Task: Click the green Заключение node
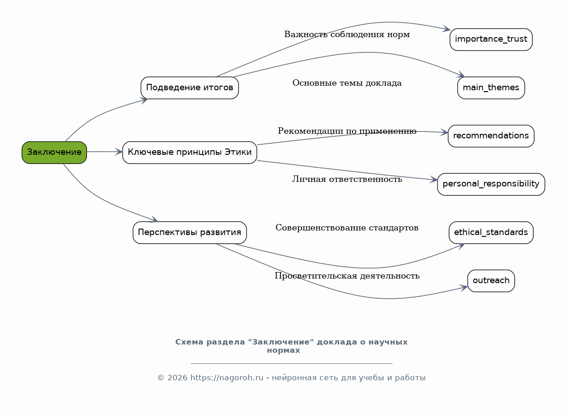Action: (54, 152)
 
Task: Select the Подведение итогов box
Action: (189, 88)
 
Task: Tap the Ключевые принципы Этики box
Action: (189, 152)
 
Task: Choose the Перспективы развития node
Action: (189, 232)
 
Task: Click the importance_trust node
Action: (491, 39)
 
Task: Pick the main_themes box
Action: (491, 88)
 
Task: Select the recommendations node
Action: (491, 136)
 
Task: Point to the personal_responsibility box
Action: (491, 184)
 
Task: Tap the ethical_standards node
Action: (491, 232)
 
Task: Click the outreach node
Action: (491, 280)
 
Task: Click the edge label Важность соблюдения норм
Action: (347, 34)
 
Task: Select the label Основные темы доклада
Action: (347, 83)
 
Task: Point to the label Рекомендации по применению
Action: (347, 131)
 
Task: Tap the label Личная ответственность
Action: (347, 179)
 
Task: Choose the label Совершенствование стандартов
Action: (347, 228)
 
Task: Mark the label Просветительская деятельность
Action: (347, 276)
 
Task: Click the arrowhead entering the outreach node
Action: (464, 288)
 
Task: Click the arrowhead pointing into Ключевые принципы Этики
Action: (119, 152)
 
